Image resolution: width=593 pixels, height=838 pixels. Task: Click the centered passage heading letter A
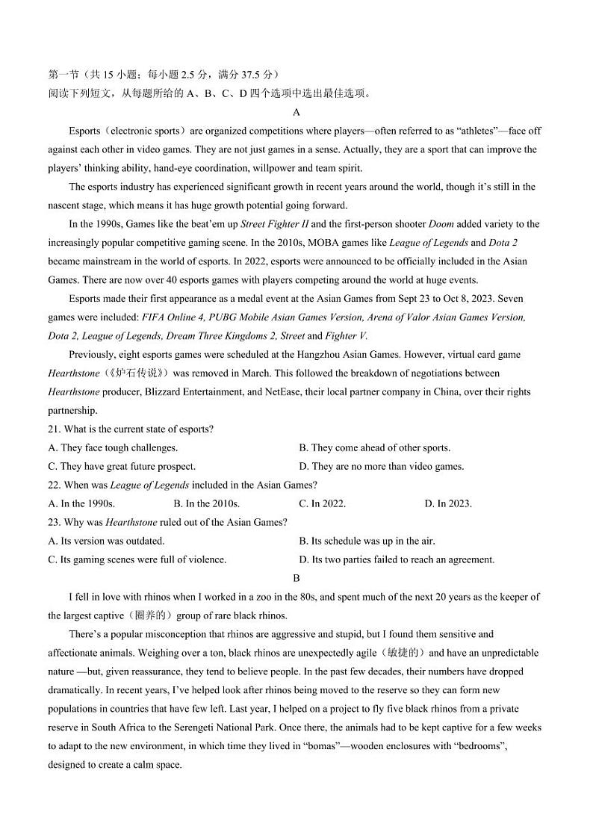(296, 112)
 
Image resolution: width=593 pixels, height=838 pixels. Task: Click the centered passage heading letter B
(296, 578)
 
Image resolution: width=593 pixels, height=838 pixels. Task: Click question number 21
(54, 429)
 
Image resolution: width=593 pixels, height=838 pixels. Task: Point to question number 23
(54, 522)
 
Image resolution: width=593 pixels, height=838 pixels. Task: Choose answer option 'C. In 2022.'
(322, 503)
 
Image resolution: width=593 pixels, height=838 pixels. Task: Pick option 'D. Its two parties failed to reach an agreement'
(397, 559)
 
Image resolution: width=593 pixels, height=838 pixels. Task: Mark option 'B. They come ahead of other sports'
(374, 447)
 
